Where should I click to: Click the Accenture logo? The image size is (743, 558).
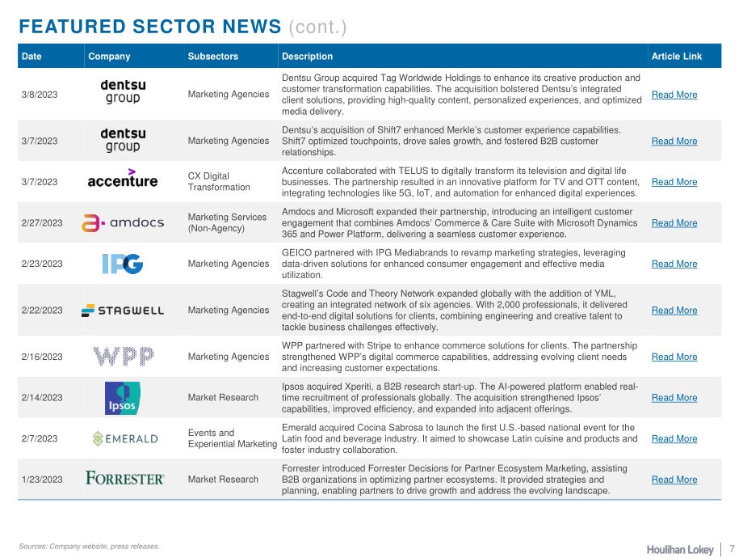123,179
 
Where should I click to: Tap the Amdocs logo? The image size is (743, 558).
123,222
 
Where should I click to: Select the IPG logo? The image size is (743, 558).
123,264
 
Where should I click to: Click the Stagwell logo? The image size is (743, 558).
123,311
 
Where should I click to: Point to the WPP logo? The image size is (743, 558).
124,357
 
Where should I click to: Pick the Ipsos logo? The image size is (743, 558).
122,398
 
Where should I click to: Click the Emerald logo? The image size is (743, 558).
125,438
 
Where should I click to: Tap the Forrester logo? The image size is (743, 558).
125,478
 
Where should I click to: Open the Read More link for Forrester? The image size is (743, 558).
674,480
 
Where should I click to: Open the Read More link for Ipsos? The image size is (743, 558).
674,398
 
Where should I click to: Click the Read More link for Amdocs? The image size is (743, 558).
674,223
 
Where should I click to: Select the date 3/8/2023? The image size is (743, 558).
40,95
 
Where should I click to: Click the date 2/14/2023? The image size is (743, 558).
42,398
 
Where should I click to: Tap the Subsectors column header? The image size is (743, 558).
212,56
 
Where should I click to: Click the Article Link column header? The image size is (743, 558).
677,56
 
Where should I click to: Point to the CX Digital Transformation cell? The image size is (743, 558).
219,181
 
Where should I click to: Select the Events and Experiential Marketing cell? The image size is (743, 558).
233,438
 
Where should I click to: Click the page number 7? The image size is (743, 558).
733,548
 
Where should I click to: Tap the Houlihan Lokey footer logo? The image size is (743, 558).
680,549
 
